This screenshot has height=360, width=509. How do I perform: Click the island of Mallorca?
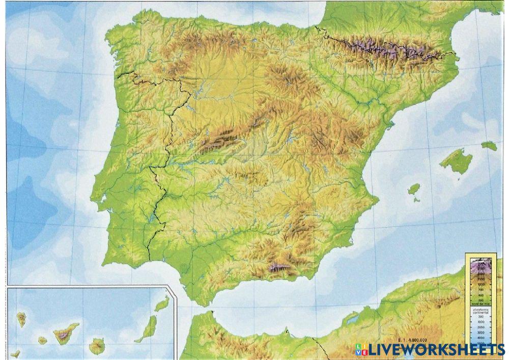coord(456,162)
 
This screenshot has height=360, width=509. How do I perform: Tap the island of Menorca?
coord(489,146)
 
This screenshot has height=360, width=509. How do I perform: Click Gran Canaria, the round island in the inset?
coord(96,346)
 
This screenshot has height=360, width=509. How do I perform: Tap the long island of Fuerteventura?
coord(146,328)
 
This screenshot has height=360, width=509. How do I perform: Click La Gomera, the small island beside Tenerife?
coord(43,340)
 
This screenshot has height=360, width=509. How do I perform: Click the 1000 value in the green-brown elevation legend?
coord(481,285)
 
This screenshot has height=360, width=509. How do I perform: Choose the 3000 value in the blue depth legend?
coord(481,331)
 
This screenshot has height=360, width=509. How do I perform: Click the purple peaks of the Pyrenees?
coord(387,48)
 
